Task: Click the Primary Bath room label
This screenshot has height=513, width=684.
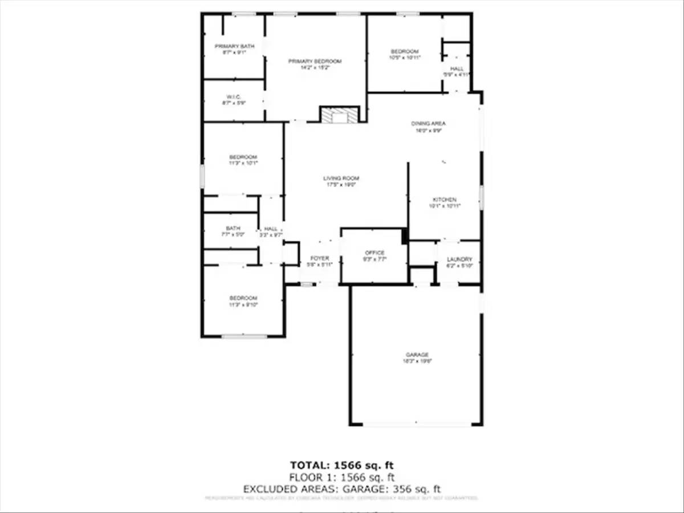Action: point(234,48)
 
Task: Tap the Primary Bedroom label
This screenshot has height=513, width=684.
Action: point(315,64)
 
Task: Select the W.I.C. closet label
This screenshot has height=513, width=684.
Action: point(234,100)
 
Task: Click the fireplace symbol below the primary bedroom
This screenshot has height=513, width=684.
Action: point(340,115)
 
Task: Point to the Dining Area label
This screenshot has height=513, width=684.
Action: point(428,127)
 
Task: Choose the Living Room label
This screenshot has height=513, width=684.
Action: point(341,181)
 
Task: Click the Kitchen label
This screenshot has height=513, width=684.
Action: point(444,202)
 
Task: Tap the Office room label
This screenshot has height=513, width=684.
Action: point(374,255)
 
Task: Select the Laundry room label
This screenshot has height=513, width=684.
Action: point(459,262)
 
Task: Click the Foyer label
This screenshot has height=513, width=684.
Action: point(319,261)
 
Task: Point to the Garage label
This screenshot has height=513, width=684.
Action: point(417,357)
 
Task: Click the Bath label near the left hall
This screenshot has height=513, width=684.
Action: point(233,231)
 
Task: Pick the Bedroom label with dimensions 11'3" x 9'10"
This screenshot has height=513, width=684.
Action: point(243,301)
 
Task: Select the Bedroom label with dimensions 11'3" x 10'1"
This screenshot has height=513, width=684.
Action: point(243,160)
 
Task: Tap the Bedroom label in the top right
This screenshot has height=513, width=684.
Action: point(405,54)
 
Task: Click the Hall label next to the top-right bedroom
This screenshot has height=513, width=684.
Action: point(457,71)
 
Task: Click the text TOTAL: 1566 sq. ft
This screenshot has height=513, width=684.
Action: point(341,465)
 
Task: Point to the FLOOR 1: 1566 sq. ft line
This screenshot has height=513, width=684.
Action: point(341,477)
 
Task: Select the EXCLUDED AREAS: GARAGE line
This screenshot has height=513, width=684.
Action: point(341,489)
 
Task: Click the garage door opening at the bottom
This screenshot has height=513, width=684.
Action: point(417,424)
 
